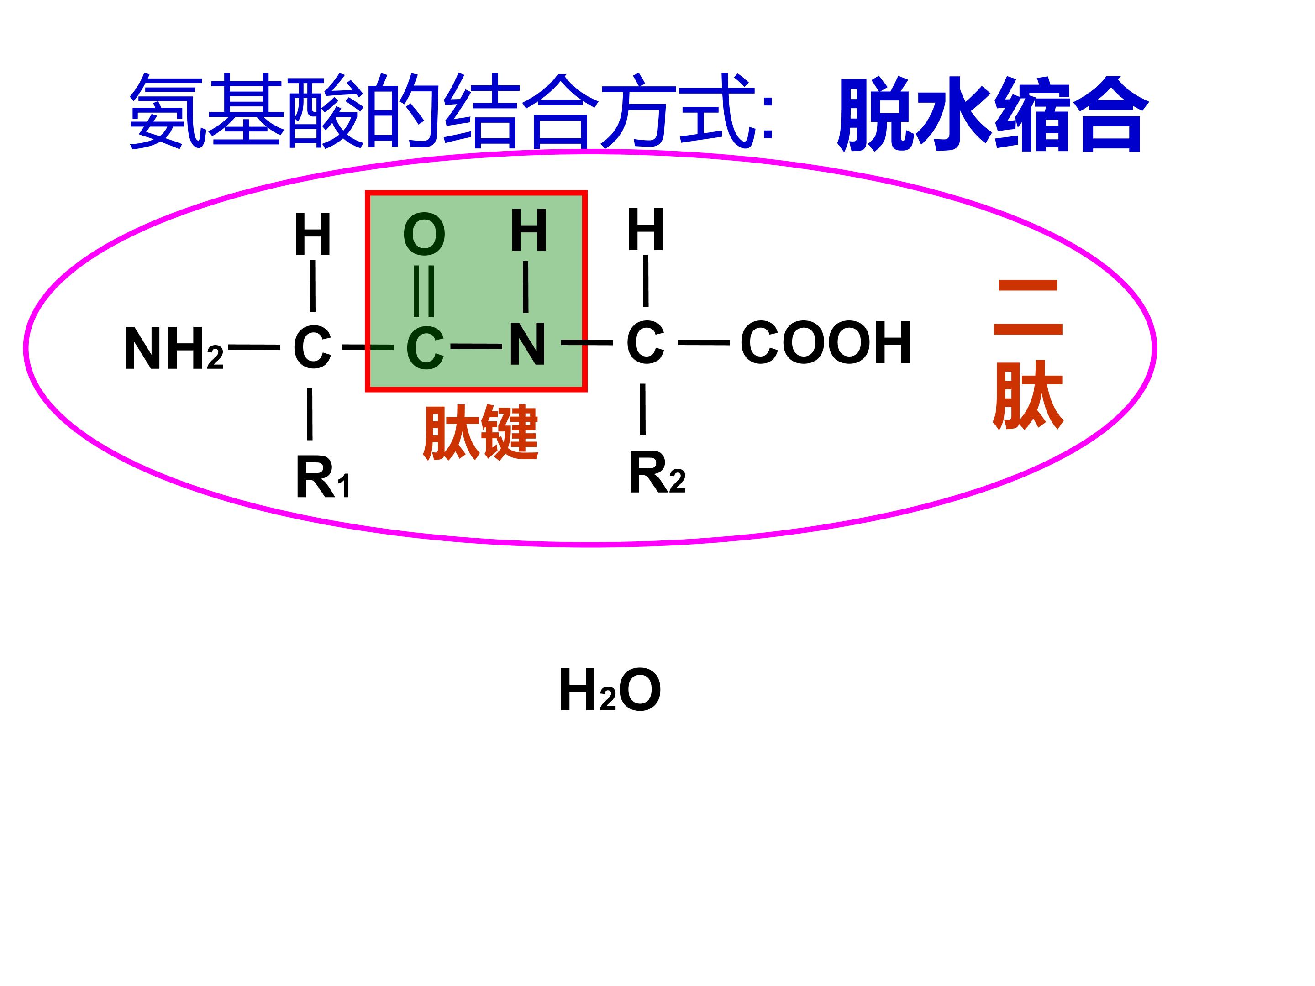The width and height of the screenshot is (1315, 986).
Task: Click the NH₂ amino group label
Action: click(x=174, y=349)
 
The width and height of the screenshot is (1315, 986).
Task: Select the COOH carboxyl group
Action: click(x=825, y=342)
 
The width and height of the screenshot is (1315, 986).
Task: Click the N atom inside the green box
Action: click(x=527, y=344)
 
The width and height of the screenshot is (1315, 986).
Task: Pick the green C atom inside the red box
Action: click(x=425, y=348)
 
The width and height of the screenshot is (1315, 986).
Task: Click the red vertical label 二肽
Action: click(x=1028, y=354)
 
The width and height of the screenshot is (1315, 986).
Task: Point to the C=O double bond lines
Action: click(x=424, y=291)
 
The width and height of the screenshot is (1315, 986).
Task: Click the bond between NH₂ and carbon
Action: click(x=254, y=346)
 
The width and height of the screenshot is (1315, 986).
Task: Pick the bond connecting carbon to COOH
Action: click(x=704, y=342)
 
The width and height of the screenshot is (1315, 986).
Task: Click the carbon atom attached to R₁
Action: click(x=312, y=347)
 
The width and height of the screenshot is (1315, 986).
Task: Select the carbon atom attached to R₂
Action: click(x=645, y=342)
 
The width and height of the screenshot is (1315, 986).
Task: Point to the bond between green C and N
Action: click(x=476, y=346)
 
